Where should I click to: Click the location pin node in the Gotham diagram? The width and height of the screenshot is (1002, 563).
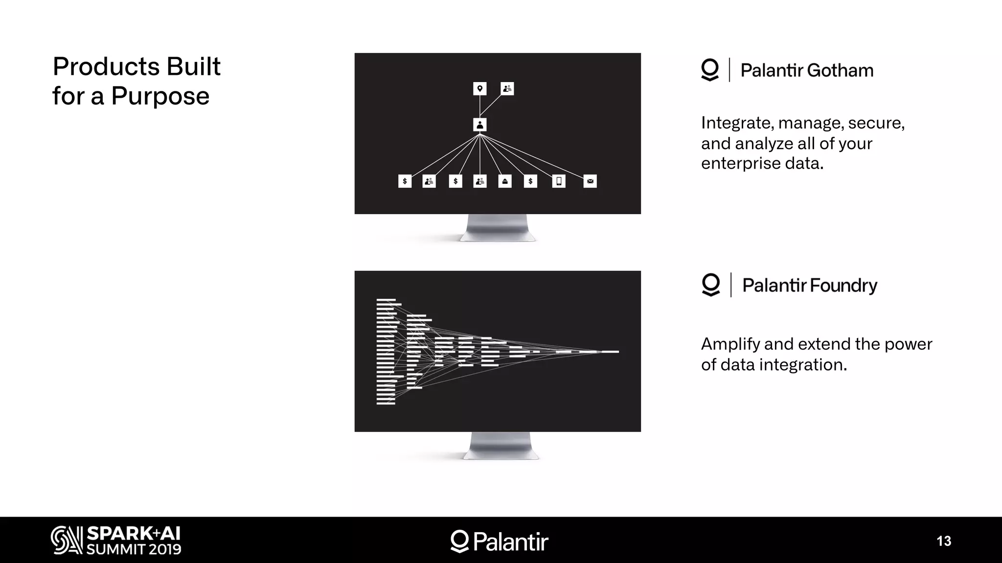click(479, 88)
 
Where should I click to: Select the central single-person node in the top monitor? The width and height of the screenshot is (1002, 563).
click(479, 125)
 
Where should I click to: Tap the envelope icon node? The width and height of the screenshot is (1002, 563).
click(590, 181)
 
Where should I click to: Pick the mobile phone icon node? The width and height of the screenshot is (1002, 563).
click(559, 181)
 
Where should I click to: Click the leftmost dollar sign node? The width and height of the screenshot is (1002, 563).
click(405, 181)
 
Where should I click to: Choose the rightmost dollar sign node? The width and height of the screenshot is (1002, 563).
click(530, 181)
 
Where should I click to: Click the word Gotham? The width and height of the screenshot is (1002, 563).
click(840, 70)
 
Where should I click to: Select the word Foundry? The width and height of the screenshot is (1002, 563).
click(843, 285)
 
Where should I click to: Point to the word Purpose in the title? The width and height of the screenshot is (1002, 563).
click(160, 96)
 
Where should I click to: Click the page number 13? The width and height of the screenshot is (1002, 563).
click(944, 541)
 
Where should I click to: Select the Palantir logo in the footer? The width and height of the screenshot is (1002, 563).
click(499, 541)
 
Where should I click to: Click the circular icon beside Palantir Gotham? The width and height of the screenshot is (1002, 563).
click(710, 70)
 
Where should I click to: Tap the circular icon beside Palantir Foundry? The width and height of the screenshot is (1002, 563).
click(711, 284)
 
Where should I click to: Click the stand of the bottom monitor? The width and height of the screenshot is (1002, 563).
click(500, 446)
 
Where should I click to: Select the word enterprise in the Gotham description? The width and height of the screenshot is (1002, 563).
click(741, 164)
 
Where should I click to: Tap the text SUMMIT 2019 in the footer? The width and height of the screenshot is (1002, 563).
click(134, 549)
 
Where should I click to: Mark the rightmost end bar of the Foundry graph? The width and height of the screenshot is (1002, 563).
click(610, 351)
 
